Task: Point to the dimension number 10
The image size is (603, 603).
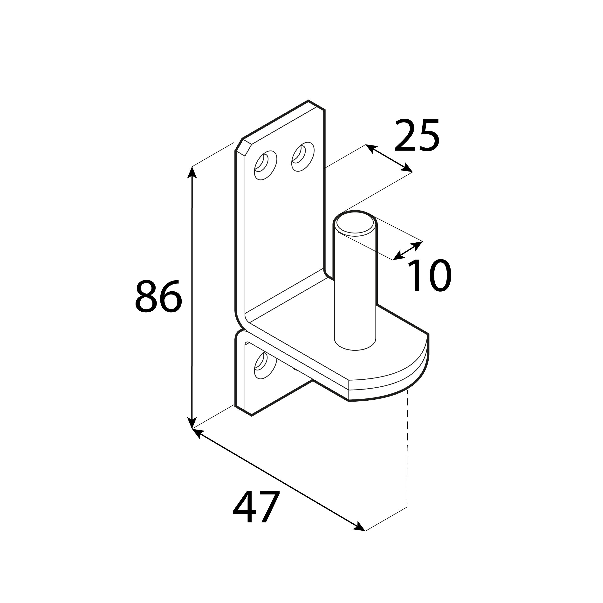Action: (430, 276)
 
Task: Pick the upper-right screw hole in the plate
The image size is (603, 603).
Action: (303, 157)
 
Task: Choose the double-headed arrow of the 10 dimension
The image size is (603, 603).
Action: (407, 250)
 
